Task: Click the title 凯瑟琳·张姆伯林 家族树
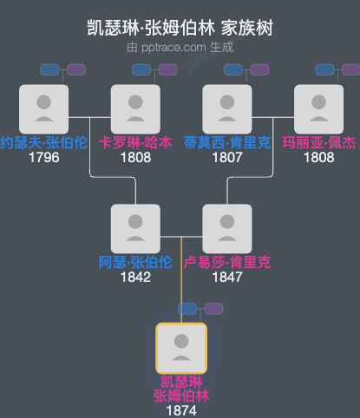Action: [x=180, y=29]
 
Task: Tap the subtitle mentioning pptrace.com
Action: [x=180, y=47]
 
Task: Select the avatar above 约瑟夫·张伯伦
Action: [x=43, y=108]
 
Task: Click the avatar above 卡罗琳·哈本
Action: [x=135, y=108]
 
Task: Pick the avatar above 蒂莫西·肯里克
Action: [x=227, y=108]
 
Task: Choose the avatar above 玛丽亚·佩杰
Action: [x=318, y=108]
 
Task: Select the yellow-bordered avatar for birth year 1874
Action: [x=180, y=348]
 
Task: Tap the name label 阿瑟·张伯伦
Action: [x=135, y=263]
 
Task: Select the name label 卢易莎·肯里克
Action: [x=227, y=263]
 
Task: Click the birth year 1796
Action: [x=43, y=158]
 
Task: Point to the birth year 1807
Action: [x=227, y=158]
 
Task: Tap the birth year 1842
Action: [x=135, y=278]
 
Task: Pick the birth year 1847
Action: [x=227, y=278]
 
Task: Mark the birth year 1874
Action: [x=180, y=408]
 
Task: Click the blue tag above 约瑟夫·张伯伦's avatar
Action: [x=49, y=69]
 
